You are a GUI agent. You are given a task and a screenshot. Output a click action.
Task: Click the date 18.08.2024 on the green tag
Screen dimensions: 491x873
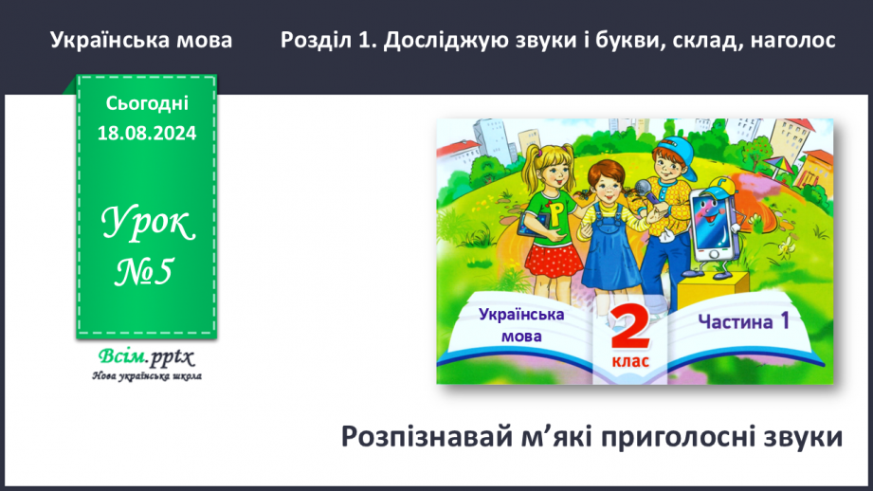(x=146, y=134)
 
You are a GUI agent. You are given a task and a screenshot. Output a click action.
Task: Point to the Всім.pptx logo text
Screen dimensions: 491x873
(x=145, y=357)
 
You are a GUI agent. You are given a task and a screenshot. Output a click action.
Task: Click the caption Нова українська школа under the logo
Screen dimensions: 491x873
(x=146, y=375)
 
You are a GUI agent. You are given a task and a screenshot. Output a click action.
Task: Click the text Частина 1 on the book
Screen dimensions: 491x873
(x=743, y=321)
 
